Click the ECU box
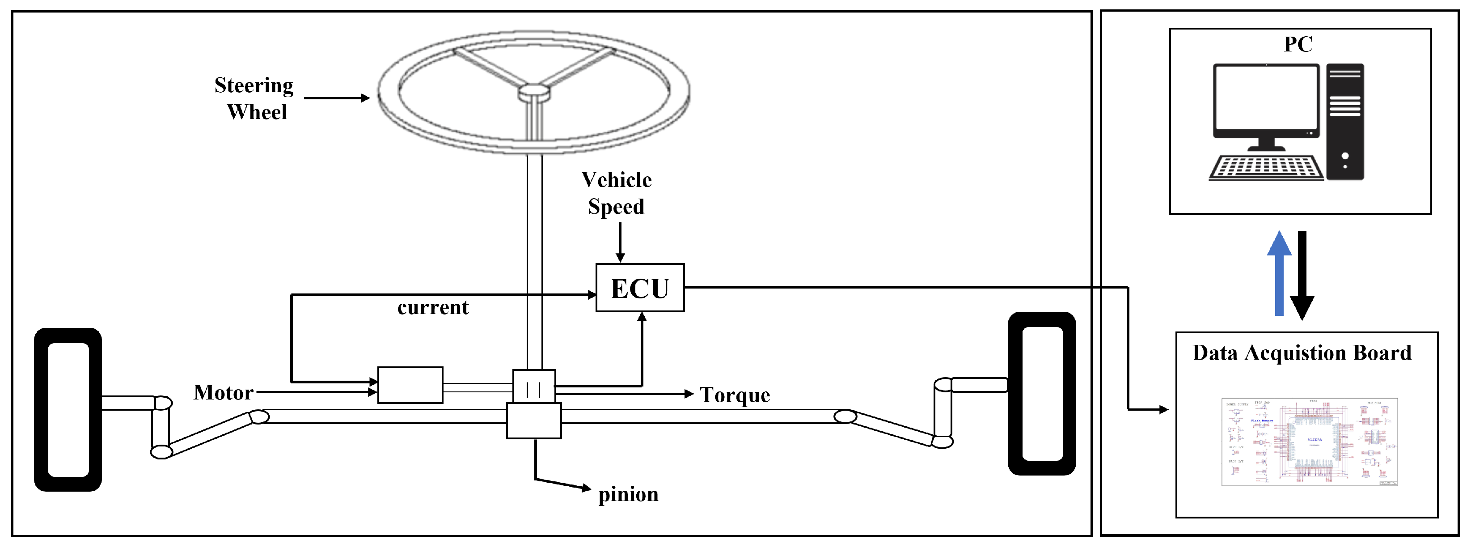pyautogui.click(x=639, y=288)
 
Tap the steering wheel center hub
pyautogui.click(x=533, y=91)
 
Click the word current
pyautogui.click(x=433, y=307)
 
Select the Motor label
pyautogui.click(x=223, y=393)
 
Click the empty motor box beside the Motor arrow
pyautogui.click(x=410, y=385)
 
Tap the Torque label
pyautogui.click(x=735, y=395)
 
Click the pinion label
pyautogui.click(x=628, y=494)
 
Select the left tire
pyautogui.click(x=68, y=409)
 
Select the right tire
pyautogui.click(x=1042, y=393)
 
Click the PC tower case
pyautogui.click(x=1345, y=121)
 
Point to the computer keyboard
pyautogui.click(x=1265, y=168)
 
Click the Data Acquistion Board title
pyautogui.click(x=1302, y=353)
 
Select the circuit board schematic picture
pyautogui.click(x=1309, y=442)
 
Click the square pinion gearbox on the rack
pyautogui.click(x=534, y=421)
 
